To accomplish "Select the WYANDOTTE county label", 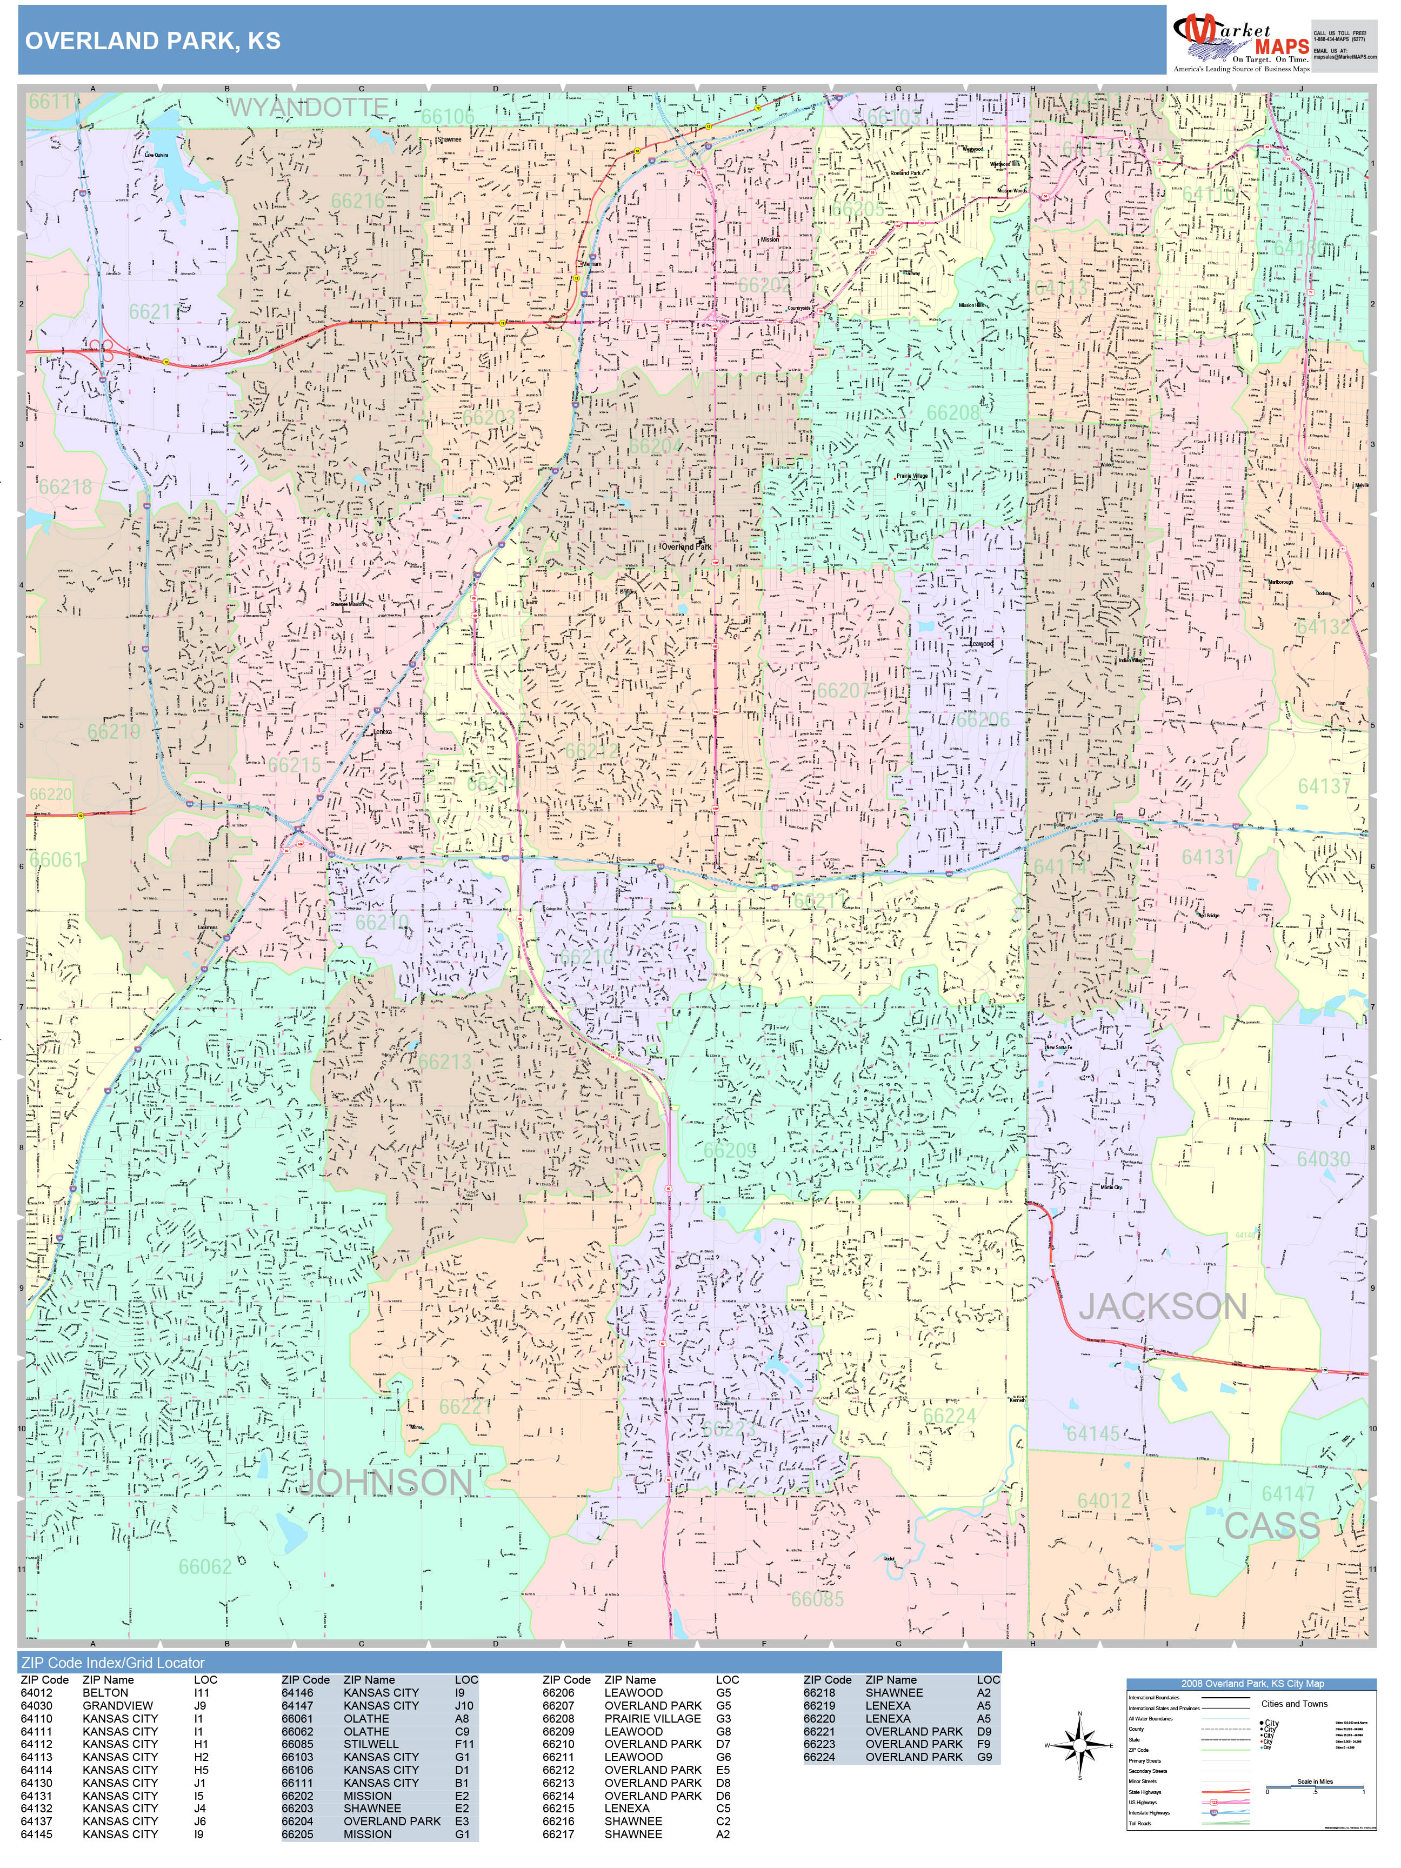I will [x=308, y=107].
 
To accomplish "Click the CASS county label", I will [x=1271, y=1525].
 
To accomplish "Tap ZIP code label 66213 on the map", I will [x=444, y=1062].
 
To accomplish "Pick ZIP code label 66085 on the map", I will [x=817, y=1599].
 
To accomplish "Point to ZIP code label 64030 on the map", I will [x=1323, y=1159].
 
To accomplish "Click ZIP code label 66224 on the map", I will [x=949, y=1416].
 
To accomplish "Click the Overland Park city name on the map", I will [x=686, y=546].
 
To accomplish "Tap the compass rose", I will [x=1079, y=1745].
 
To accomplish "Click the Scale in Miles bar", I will [x=1315, y=1785].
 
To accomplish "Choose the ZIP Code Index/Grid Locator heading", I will [x=113, y=1663].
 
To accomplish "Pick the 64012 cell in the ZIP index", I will [x=37, y=1692].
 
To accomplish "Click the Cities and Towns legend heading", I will [x=1294, y=1703].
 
